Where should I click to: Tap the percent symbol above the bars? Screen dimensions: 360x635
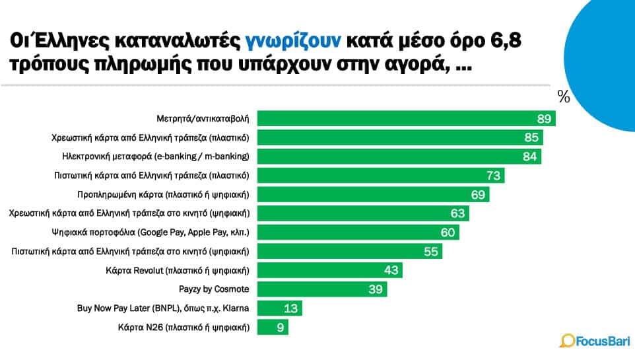563,97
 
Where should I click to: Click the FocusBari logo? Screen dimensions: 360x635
591,341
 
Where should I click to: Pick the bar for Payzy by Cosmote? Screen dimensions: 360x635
321,289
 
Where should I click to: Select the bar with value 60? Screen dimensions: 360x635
358,233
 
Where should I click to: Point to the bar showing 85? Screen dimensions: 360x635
399,138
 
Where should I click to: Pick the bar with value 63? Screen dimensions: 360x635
362,213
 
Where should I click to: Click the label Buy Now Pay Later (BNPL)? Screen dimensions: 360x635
163,308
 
